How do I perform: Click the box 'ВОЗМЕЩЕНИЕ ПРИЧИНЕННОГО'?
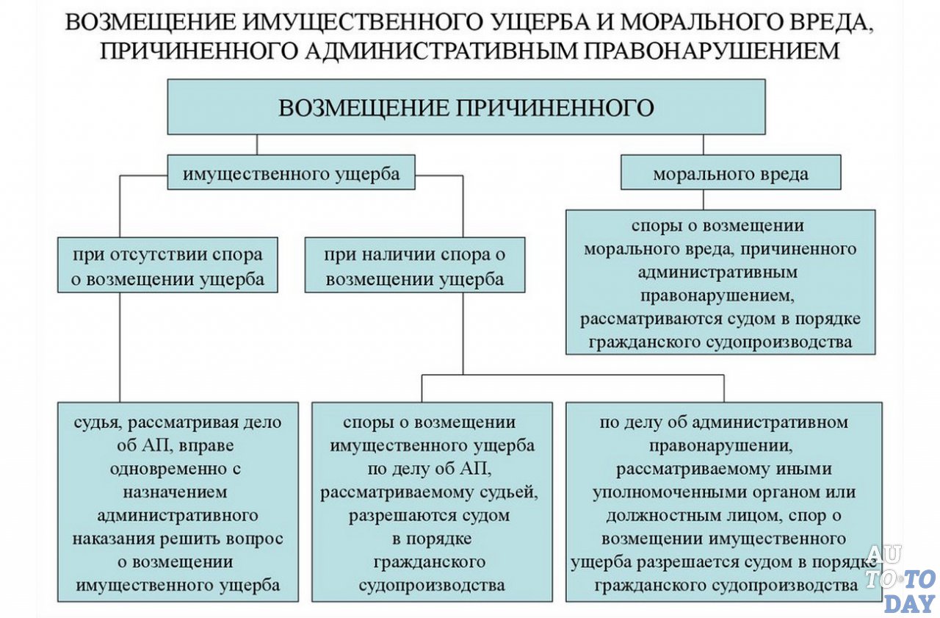[466, 107]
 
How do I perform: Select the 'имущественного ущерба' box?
[291, 173]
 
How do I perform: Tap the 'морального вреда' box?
[730, 173]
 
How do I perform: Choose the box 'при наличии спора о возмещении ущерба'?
[415, 266]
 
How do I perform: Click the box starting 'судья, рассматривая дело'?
[178, 502]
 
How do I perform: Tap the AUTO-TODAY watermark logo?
[902, 580]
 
